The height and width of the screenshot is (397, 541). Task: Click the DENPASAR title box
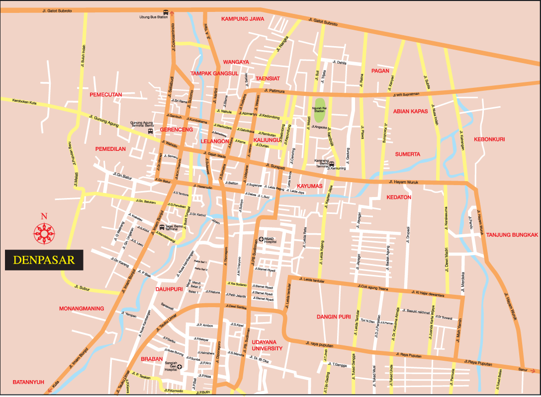[44, 260]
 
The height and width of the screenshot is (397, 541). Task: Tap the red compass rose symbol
[44, 232]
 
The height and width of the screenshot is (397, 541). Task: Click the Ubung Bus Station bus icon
[166, 12]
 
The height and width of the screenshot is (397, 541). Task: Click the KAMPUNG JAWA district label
[243, 19]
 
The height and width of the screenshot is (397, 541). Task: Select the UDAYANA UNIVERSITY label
[267, 345]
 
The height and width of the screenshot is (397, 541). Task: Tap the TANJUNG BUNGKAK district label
[512, 235]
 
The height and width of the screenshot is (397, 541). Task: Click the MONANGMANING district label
[82, 308]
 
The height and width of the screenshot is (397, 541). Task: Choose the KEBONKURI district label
[489, 139]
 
